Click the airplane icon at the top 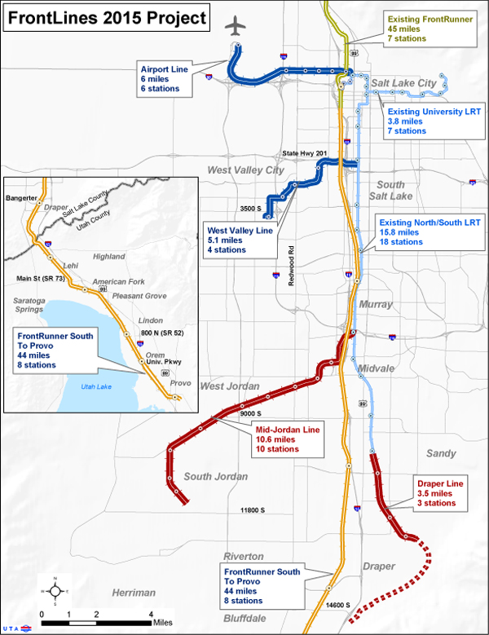(x=236, y=26)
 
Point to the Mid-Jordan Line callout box (x=286, y=438)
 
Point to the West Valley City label (x=245, y=170)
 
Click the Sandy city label (x=442, y=453)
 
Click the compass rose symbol (x=54, y=592)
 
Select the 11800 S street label (x=252, y=510)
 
